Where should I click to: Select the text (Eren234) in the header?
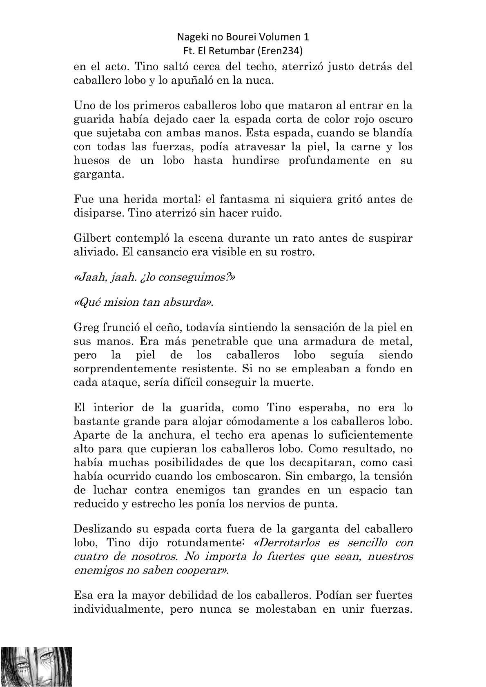pyautogui.click(x=288, y=51)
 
